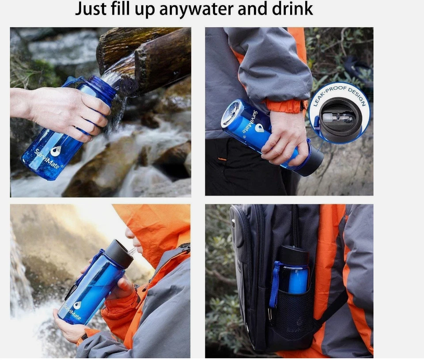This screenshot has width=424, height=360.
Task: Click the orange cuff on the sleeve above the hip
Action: pos(285,106)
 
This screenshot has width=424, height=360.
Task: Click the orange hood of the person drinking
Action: pos(157,225)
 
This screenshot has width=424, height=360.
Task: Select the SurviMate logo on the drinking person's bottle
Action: pos(73,309)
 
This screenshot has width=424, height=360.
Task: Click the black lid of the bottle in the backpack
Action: pos(293,255)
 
